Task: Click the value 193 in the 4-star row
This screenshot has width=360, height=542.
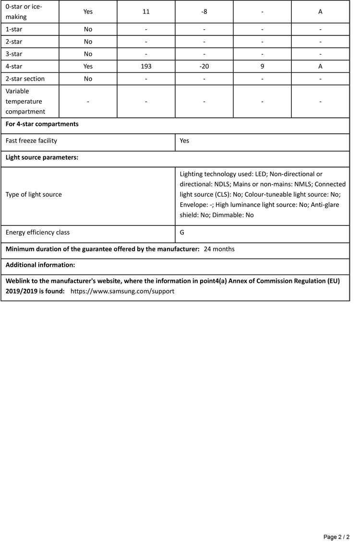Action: tap(146, 66)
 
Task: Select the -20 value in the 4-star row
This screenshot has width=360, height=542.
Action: tap(204, 66)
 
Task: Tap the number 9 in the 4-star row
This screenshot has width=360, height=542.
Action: tap(262, 66)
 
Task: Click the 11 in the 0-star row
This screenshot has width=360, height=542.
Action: tap(146, 12)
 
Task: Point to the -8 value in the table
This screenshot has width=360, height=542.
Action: tap(204, 12)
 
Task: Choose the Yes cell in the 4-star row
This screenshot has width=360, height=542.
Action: tap(88, 66)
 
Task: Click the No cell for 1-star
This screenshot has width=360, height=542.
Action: tap(88, 29)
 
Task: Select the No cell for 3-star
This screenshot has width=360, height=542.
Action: tap(88, 54)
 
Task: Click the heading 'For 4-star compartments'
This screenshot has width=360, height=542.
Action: tap(42, 124)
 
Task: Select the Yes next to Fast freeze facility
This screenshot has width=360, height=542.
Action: tap(185, 141)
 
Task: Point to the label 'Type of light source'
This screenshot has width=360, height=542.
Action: tap(34, 195)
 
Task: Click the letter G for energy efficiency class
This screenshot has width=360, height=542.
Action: tap(182, 233)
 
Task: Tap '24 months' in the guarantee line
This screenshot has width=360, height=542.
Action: tap(219, 249)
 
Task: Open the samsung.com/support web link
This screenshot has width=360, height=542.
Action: tap(122, 291)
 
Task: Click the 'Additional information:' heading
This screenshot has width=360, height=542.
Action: tap(40, 265)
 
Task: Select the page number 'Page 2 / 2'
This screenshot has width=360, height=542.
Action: tap(336, 537)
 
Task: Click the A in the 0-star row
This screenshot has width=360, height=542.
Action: tap(320, 12)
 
